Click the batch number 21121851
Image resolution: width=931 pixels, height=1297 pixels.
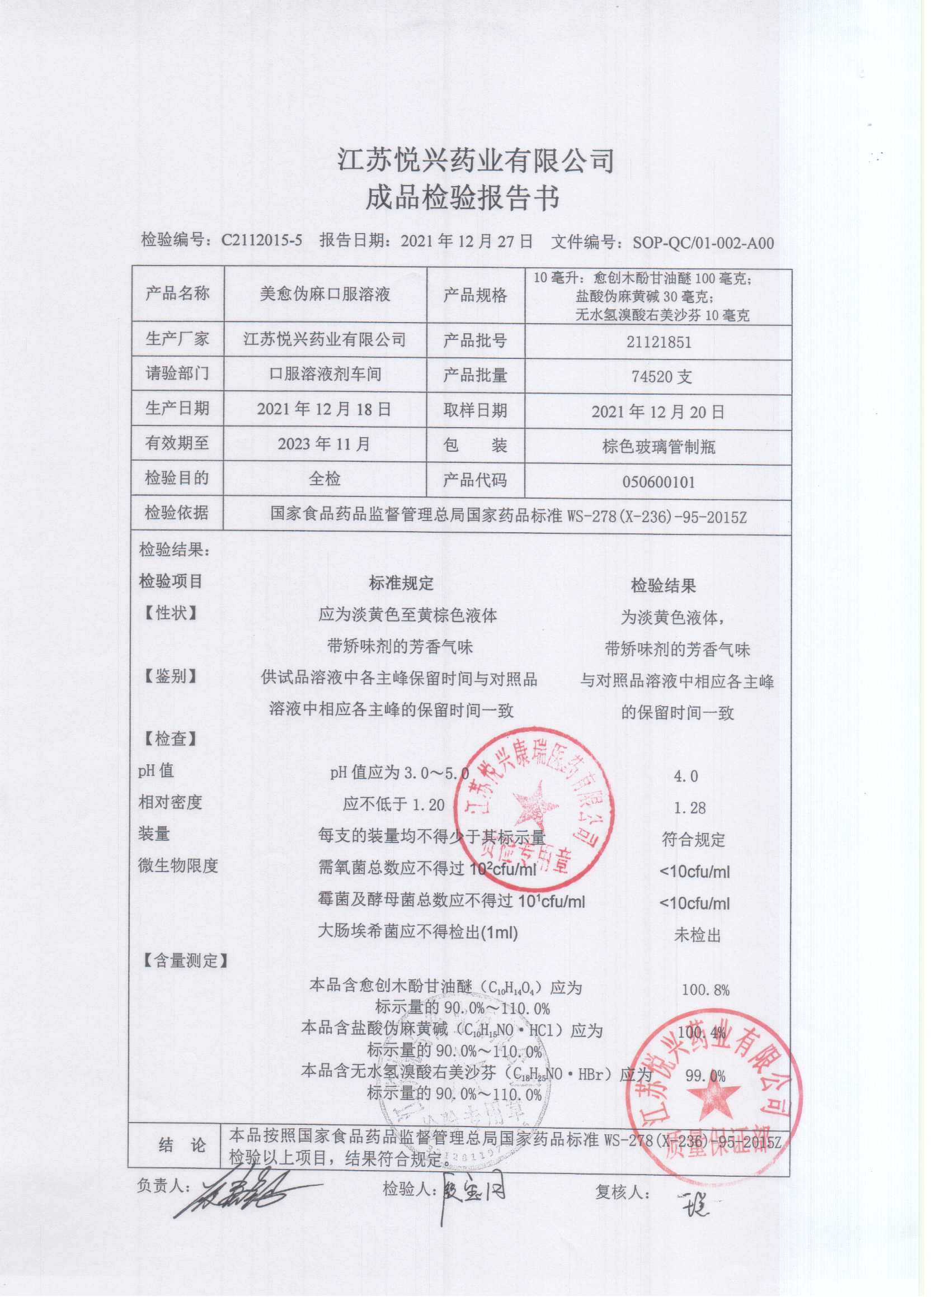pos(659,342)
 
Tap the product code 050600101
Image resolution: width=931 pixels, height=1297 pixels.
pos(659,481)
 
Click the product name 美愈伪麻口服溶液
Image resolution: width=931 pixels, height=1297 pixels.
pos(325,295)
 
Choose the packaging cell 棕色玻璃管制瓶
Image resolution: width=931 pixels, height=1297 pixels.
pos(659,447)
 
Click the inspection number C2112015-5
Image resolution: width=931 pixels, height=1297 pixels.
pos(261,242)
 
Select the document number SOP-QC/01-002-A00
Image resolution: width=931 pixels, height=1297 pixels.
pos(703,243)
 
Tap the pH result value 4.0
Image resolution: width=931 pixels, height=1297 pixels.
pos(686,776)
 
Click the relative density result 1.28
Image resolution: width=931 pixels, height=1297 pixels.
pos(689,808)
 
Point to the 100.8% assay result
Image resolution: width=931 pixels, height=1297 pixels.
pos(706,990)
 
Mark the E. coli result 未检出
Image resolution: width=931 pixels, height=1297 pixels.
pos(697,936)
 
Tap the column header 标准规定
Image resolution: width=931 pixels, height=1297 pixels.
pos(401,583)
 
